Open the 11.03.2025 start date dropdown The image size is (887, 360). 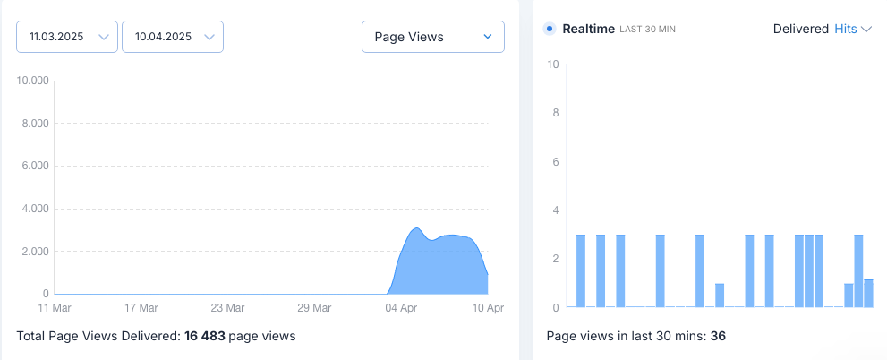67,37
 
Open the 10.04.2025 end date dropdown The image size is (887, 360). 172,37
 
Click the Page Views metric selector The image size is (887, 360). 432,37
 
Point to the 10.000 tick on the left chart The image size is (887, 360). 33,81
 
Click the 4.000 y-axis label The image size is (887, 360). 33,210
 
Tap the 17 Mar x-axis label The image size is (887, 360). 141,308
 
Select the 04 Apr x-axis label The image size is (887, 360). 401,308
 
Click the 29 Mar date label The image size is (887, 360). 314,308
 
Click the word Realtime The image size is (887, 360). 588,29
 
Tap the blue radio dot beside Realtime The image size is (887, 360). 550,29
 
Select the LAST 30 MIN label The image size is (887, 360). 647,30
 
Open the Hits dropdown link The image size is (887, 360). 852,29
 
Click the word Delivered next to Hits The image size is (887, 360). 800,29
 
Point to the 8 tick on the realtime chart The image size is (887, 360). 556,114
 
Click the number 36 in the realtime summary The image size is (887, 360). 717,337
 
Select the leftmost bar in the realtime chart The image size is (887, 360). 581,270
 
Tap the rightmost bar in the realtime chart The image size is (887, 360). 868,293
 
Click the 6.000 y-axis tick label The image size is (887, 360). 33,167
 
